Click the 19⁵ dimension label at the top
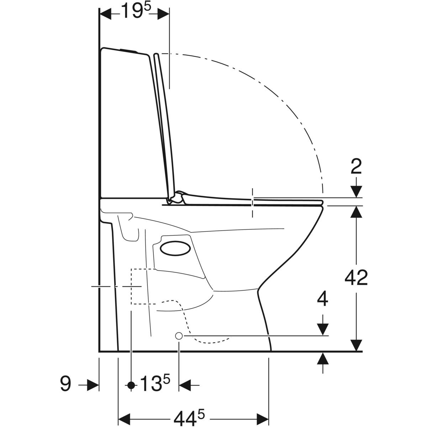136,10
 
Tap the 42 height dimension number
356,278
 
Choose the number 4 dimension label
322,299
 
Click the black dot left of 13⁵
131,385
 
